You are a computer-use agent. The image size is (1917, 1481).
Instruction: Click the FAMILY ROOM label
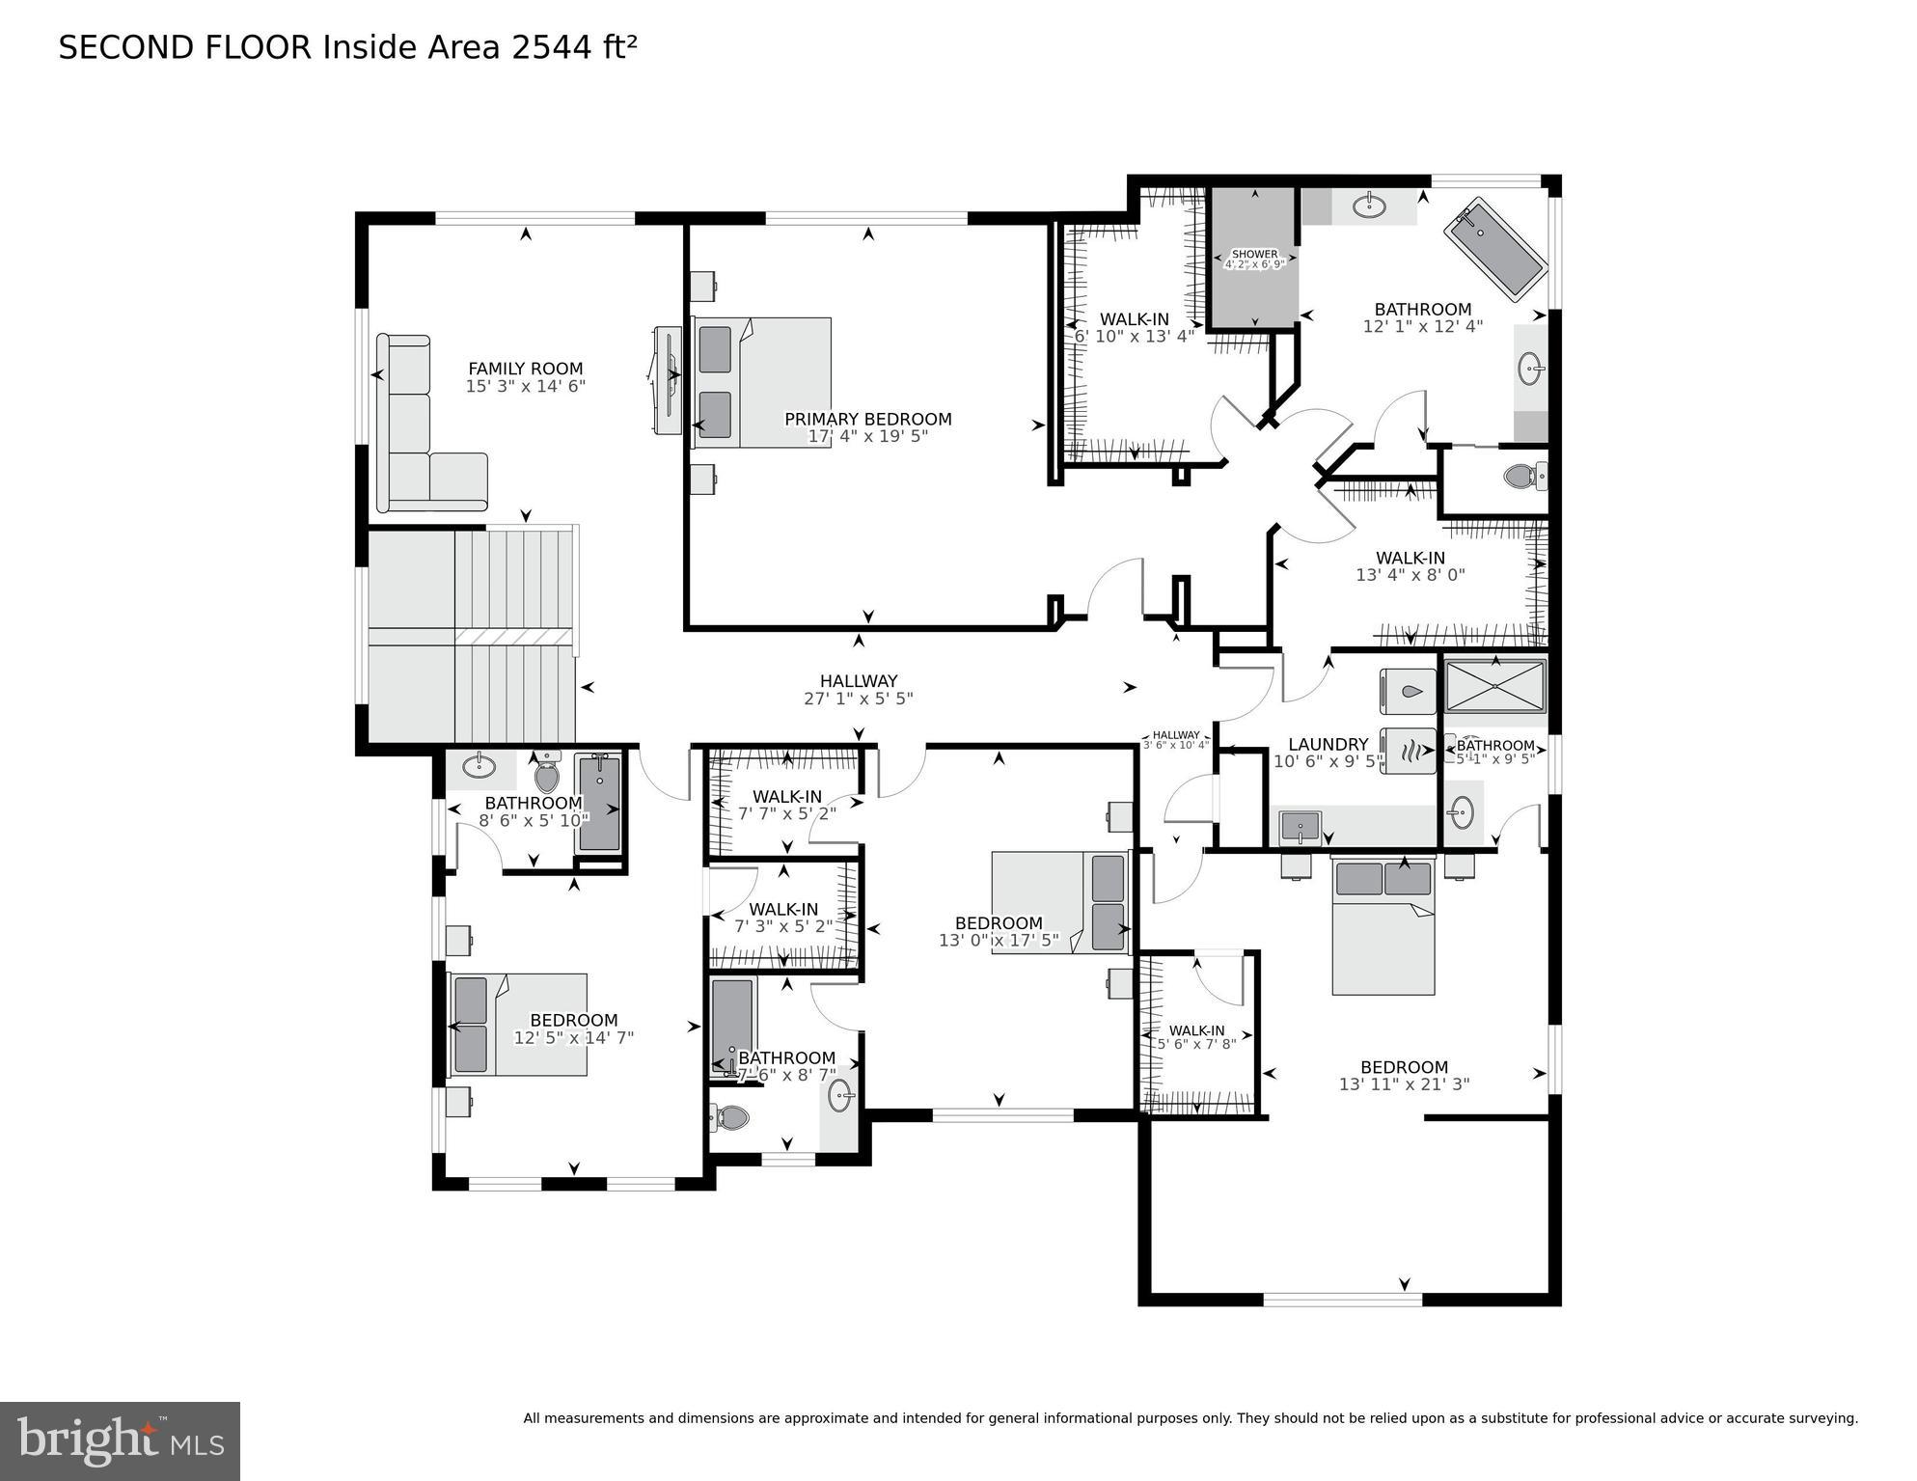525,369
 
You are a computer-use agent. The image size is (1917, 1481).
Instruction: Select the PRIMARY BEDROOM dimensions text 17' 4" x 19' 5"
867,436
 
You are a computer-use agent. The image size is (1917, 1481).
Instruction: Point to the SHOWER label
1254,254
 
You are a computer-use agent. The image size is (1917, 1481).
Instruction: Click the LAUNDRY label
1328,744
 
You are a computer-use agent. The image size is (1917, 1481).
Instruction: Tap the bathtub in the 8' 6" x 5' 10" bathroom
599,803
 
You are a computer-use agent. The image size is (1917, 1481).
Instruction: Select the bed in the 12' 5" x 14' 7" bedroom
518,1025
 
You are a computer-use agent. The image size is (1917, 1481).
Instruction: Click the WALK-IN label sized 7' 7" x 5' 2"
786,796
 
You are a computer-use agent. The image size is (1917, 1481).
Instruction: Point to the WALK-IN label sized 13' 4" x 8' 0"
1410,558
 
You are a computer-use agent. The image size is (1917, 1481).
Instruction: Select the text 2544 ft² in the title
573,47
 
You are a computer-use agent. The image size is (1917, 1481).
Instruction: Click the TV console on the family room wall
666,380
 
